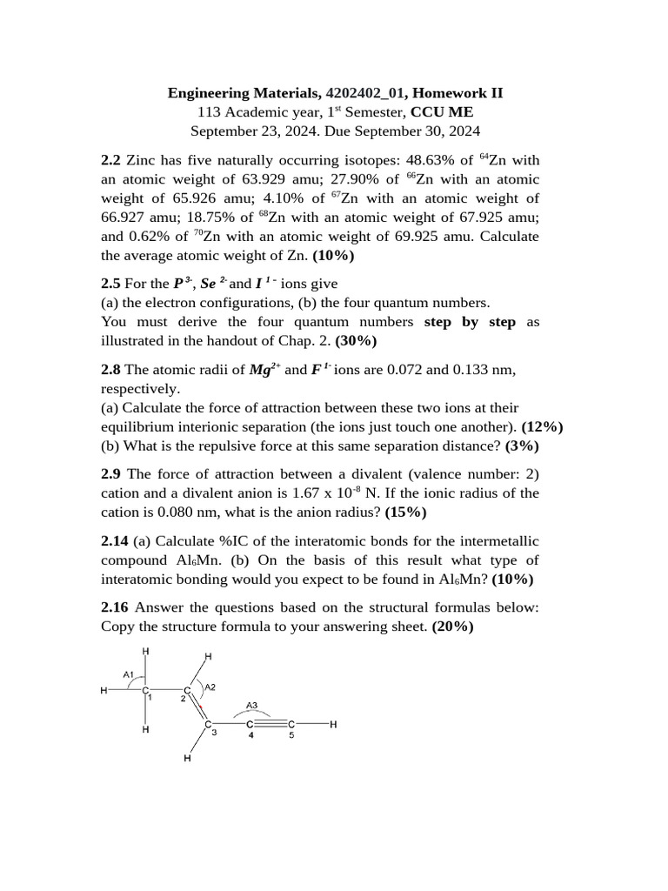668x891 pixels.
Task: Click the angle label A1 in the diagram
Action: pos(128,674)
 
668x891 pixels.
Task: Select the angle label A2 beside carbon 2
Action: pos(210,687)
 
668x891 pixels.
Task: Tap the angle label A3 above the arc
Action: pos(251,705)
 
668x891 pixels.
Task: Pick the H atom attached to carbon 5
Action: pos(332,724)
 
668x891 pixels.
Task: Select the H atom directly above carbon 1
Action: pos(145,651)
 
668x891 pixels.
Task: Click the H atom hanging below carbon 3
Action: pos(187,759)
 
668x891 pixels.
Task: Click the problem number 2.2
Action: pos(111,160)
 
